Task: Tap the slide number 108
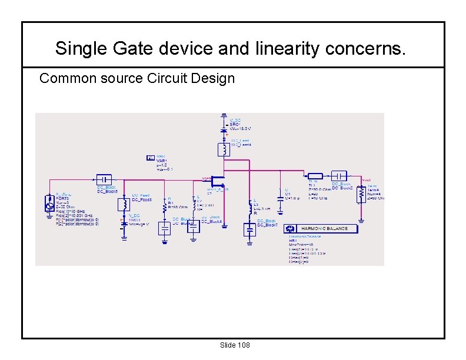point(242,345)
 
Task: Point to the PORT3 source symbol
point(49,204)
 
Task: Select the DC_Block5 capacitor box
point(103,178)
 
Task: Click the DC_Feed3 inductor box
point(124,204)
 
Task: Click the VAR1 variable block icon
point(150,158)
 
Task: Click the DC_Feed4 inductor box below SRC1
point(224,149)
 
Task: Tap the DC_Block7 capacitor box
point(250,229)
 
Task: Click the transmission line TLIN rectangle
point(315,175)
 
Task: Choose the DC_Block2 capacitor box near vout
point(339,175)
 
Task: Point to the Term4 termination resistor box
point(359,196)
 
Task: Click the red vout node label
point(367,179)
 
